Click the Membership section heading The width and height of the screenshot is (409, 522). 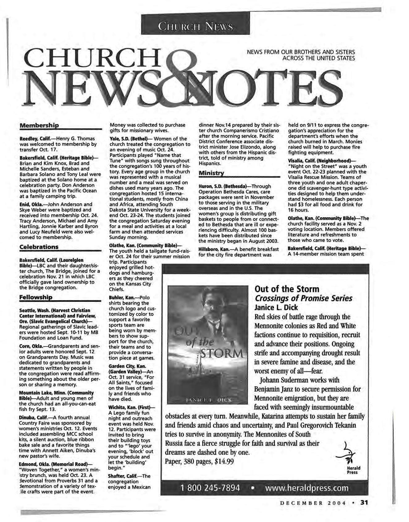(39, 126)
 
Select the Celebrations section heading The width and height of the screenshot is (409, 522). (39, 247)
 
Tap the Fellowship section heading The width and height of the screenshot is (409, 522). (36, 297)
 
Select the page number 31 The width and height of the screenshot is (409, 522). (364, 503)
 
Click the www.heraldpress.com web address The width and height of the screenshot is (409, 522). (307, 488)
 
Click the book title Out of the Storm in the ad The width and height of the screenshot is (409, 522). (287, 289)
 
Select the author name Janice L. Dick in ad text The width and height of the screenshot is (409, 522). (276, 308)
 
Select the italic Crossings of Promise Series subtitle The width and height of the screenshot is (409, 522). (303, 299)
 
